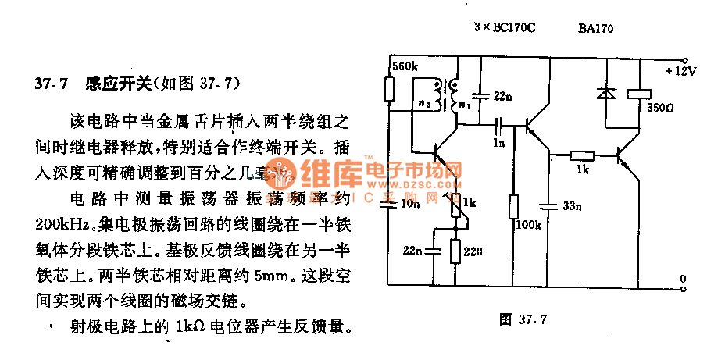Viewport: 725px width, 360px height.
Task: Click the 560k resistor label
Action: (404, 66)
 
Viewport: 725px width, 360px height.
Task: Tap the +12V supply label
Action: (680, 71)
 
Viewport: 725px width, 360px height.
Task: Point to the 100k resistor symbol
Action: (512, 207)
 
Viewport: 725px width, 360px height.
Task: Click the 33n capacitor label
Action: (572, 206)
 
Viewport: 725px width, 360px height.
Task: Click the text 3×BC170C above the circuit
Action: (505, 28)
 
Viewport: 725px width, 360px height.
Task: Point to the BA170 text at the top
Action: (596, 28)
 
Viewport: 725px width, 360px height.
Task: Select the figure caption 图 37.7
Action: (524, 319)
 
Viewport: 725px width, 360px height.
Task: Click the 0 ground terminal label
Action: (682, 279)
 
